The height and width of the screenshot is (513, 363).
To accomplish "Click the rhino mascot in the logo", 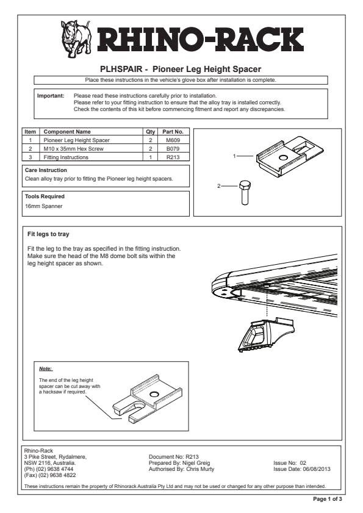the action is point(76,38).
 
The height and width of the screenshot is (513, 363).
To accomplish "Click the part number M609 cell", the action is point(173,140).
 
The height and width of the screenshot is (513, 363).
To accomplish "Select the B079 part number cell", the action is point(173,149).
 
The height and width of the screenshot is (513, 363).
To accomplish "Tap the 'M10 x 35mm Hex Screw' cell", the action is point(73,149).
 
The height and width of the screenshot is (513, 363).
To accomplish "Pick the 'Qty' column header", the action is point(150,132).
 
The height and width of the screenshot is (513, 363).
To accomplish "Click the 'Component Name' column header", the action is point(67,132).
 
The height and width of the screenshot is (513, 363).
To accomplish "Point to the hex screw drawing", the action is point(245,193).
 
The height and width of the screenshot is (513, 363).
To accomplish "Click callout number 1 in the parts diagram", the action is point(234,156).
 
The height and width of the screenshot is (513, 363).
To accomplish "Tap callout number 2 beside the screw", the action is point(218,186).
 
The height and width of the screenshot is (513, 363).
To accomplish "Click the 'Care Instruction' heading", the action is point(46,170).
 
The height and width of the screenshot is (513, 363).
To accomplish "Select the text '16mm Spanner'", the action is point(43,206).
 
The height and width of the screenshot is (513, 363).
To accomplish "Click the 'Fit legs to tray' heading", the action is point(48,234).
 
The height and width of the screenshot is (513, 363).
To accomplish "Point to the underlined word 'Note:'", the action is point(46,368).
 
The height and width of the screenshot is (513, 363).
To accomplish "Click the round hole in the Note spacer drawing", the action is point(153,393).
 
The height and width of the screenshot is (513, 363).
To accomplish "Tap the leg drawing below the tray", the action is point(265,334).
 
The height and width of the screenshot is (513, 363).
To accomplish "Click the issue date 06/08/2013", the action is point(317,469).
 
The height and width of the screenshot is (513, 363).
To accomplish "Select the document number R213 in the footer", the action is point(192,457).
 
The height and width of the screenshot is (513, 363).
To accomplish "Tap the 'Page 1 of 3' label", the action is point(328,499).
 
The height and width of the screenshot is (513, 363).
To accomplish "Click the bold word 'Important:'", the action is point(51,96).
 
